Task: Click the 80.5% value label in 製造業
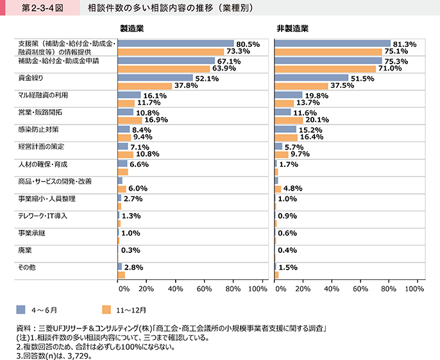(248, 44)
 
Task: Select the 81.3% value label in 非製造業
(404, 44)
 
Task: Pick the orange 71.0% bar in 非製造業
(325, 69)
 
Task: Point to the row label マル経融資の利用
(43, 95)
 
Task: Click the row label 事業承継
(31, 233)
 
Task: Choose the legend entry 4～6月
(45, 309)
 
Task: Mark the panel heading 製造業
(133, 29)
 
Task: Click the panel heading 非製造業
(292, 29)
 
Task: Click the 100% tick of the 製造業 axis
(257, 289)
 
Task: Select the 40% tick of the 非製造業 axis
(332, 289)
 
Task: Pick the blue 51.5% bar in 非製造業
(311, 78)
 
